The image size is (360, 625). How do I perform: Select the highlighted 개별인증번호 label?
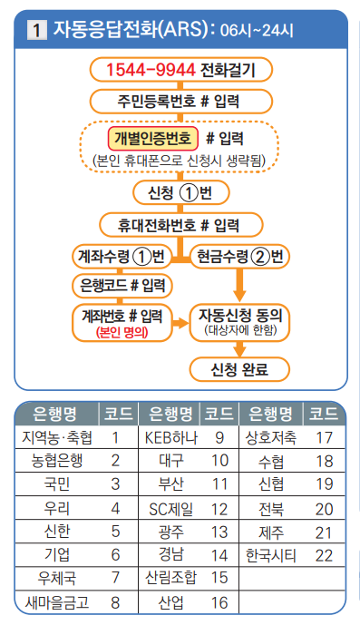point(153,138)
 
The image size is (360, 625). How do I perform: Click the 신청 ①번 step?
point(181,193)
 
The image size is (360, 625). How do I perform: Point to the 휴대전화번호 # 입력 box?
point(181,224)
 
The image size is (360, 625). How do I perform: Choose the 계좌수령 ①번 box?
point(123,255)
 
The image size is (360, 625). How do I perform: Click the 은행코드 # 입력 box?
point(123,286)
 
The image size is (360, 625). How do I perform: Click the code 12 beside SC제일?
point(219,507)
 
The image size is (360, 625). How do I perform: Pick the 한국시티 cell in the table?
point(271,553)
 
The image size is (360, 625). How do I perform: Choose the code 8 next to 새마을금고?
point(116,601)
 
